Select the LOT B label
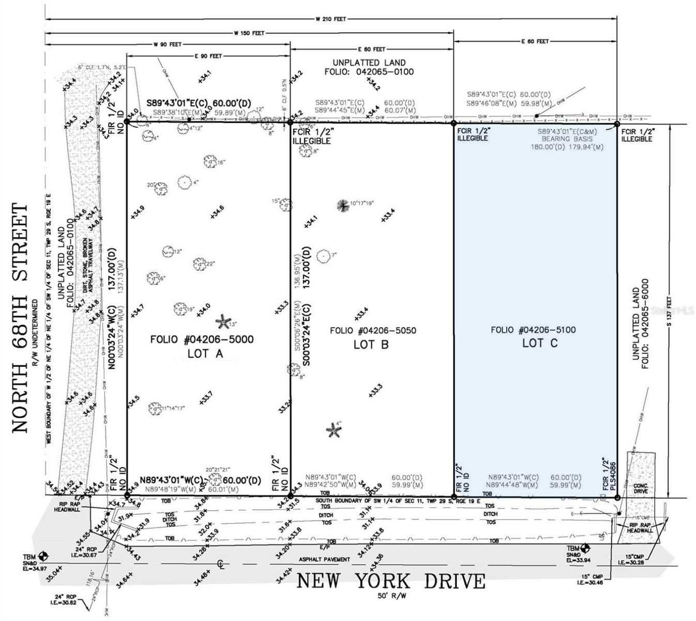(x=371, y=344)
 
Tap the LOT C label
(x=539, y=343)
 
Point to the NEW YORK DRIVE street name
(x=391, y=581)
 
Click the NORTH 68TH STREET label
(x=19, y=318)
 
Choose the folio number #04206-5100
(x=533, y=330)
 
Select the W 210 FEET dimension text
(x=330, y=19)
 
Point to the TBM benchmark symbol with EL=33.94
(x=585, y=548)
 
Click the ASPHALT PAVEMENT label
(x=324, y=559)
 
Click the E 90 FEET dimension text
(x=208, y=56)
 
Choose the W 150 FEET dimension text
(x=249, y=33)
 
